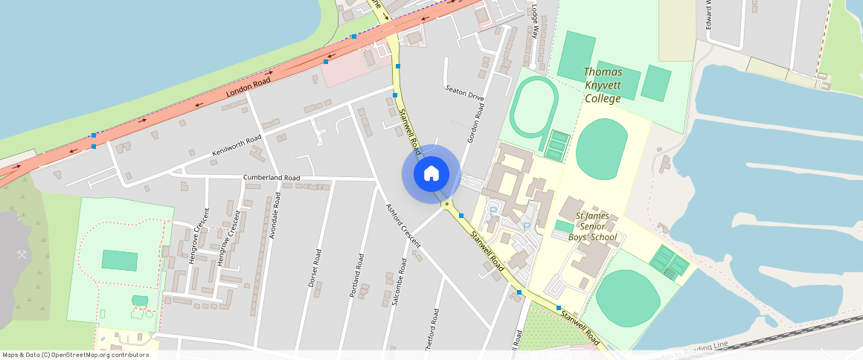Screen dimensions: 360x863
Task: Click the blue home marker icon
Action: coord(431,173)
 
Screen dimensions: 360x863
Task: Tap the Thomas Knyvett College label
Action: coord(603,85)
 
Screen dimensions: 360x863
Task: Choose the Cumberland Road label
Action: coord(272,178)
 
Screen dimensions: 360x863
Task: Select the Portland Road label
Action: coord(358,275)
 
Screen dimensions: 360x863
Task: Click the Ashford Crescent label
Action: coord(403,225)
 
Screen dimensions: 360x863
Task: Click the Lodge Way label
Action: coord(534,22)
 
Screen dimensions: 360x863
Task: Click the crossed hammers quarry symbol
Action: coord(22,254)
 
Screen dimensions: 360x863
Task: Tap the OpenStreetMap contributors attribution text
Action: coord(75,355)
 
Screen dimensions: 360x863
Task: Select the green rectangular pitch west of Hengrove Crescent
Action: coord(119,260)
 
